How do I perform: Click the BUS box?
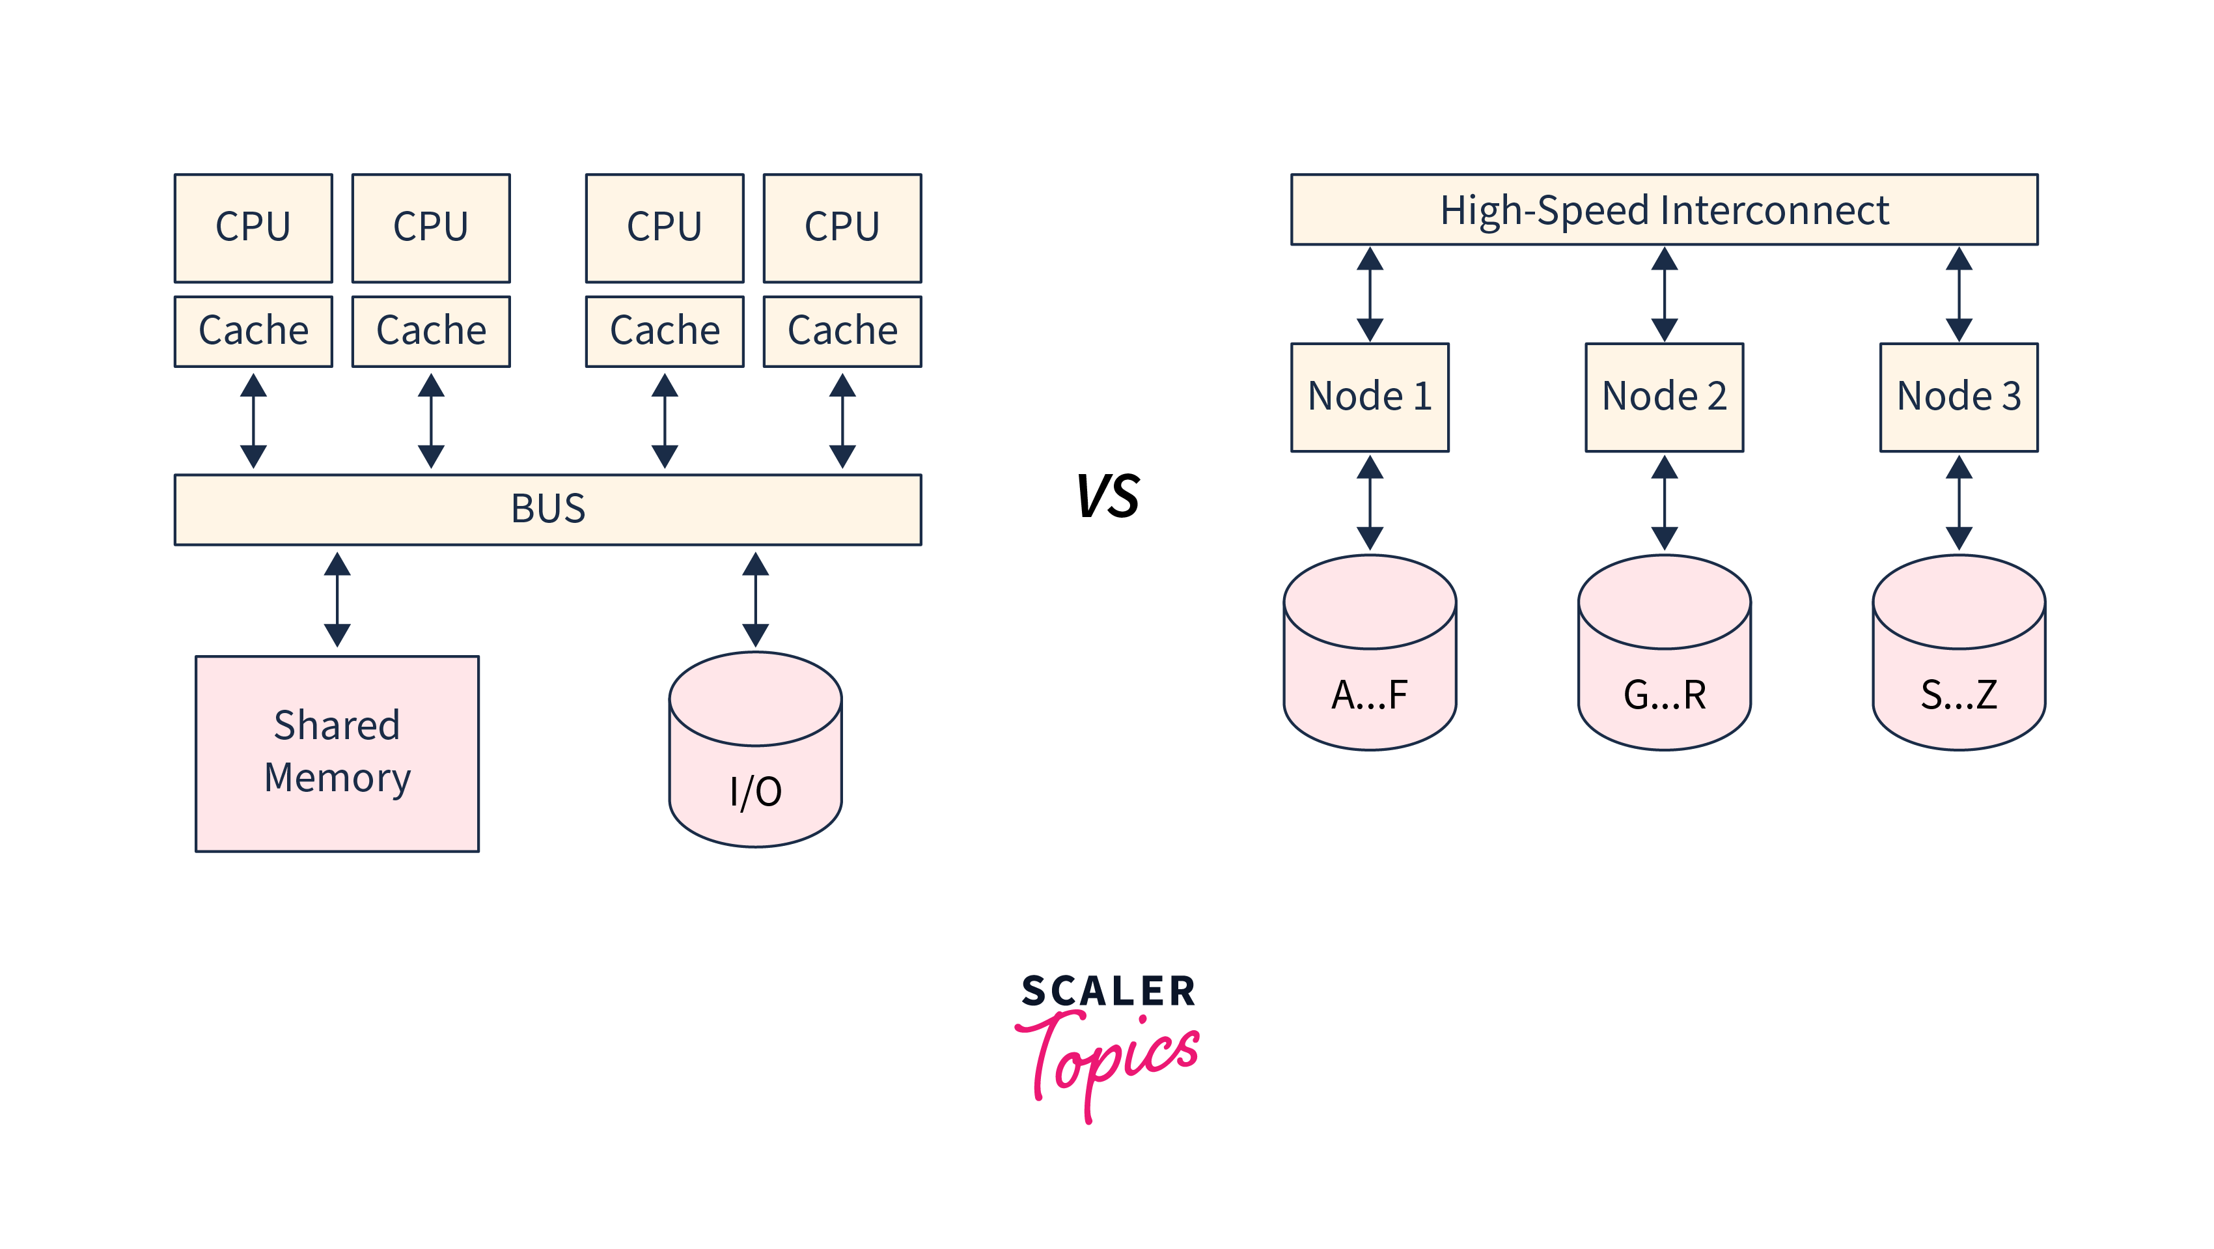coord(547,509)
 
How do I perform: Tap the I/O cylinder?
coord(754,750)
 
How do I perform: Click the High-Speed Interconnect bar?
coord(1663,210)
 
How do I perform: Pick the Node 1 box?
coord(1369,397)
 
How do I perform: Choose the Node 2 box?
coord(1663,397)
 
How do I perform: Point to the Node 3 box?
coord(1958,397)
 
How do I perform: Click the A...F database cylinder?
coord(1369,653)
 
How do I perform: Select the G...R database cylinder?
coord(1663,653)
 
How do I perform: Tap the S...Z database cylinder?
coord(1958,653)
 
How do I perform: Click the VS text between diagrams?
coord(1108,496)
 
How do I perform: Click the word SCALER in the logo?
coord(1108,991)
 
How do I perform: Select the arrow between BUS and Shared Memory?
coord(337,600)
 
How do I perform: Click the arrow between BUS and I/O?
coord(754,600)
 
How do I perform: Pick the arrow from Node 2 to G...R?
coord(1664,503)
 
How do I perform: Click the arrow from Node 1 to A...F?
coord(1369,503)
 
